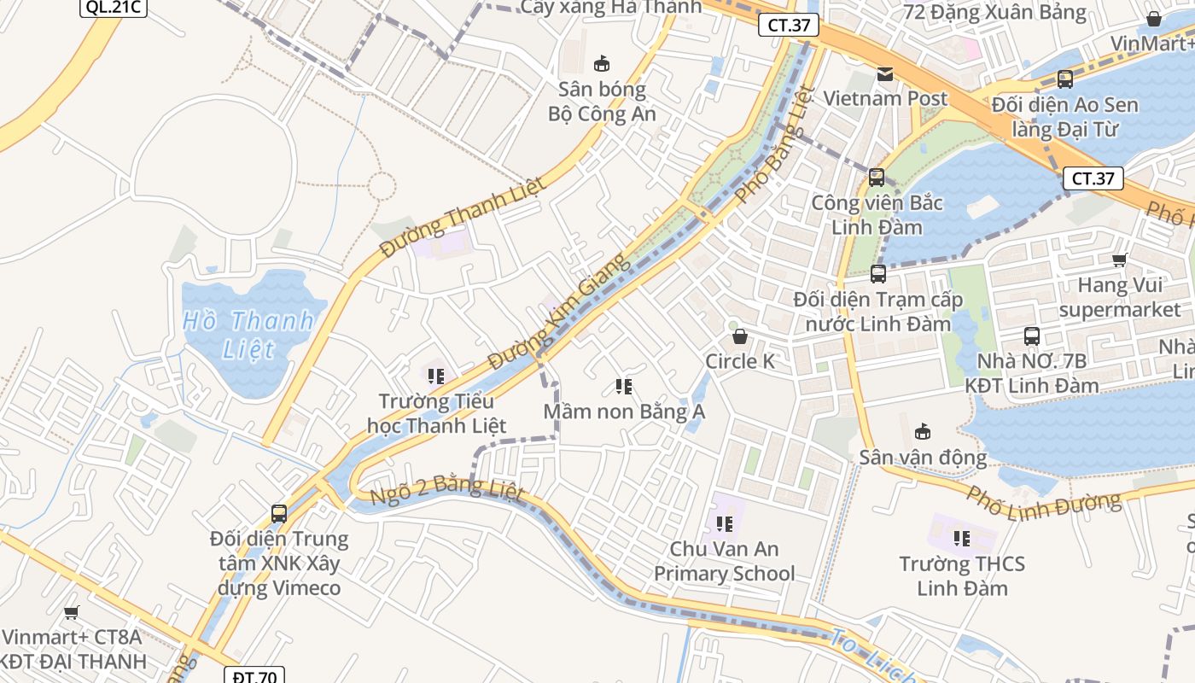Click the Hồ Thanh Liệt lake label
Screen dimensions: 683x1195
[x=248, y=335]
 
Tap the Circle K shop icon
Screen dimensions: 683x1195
[x=740, y=336]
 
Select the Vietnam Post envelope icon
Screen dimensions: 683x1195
[x=885, y=74]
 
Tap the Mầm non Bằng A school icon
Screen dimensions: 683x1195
[x=624, y=387]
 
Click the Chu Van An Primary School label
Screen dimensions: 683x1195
[x=724, y=561]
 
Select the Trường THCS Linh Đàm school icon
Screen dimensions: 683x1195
[x=962, y=539]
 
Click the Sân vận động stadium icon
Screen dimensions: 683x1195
[x=923, y=432]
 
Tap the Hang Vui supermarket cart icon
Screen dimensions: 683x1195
[x=1119, y=260]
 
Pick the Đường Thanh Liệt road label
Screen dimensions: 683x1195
[x=462, y=219]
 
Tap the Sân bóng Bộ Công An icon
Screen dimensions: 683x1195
[x=602, y=63]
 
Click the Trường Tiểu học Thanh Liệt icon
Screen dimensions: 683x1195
[x=436, y=376]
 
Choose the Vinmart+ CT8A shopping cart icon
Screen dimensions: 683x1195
[x=72, y=612]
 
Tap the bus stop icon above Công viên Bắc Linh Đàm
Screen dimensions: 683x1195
[x=877, y=178]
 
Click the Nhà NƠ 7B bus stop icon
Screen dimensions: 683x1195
[x=1032, y=336]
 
